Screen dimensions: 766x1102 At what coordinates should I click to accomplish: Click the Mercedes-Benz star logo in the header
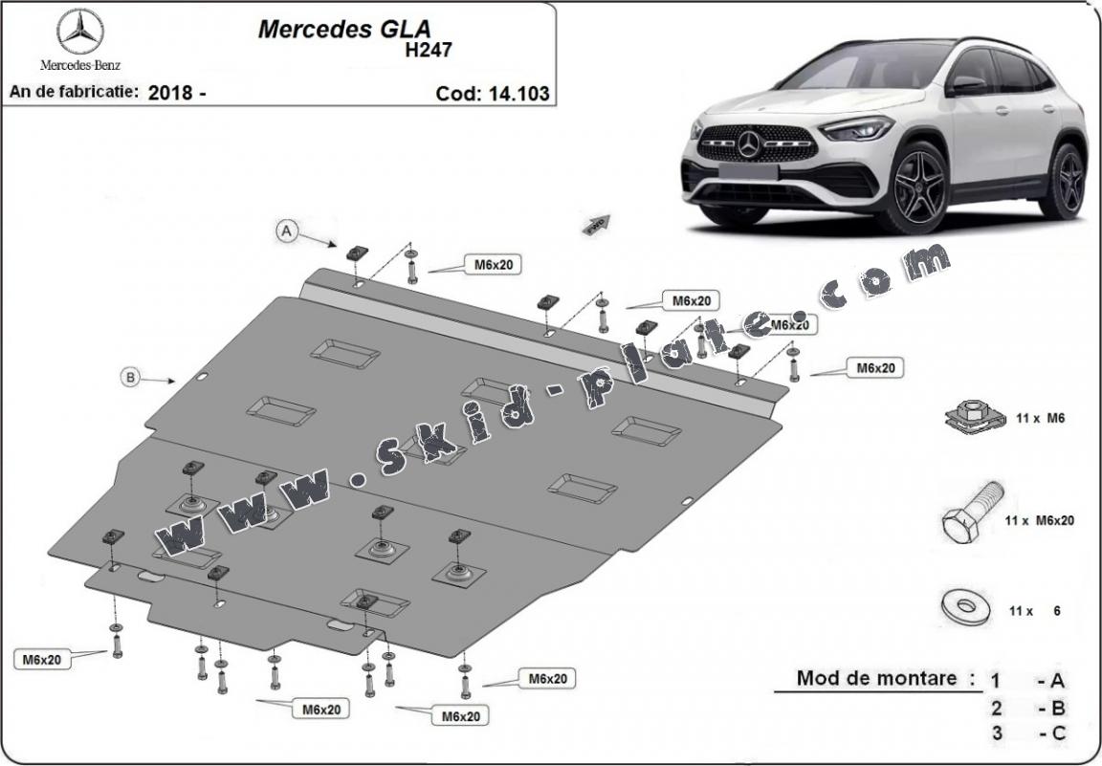(x=80, y=33)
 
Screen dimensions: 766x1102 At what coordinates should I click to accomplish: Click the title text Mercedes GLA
(x=328, y=29)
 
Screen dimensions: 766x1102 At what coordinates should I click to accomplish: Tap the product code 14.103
(x=522, y=93)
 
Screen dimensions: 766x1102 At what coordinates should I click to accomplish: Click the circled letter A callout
(x=285, y=230)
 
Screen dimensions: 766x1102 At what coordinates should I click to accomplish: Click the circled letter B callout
(x=129, y=377)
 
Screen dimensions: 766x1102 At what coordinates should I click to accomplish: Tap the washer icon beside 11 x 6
(x=964, y=606)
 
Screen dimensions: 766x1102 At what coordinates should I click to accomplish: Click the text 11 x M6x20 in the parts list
(x=1039, y=520)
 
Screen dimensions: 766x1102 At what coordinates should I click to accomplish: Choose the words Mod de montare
(x=876, y=678)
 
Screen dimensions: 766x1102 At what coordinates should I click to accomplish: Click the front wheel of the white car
(x=922, y=186)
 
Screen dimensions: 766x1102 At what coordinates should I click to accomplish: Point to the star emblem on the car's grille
(x=749, y=144)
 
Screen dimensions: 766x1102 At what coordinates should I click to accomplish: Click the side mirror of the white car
(x=967, y=85)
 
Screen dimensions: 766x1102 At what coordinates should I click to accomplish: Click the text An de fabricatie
(x=73, y=93)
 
